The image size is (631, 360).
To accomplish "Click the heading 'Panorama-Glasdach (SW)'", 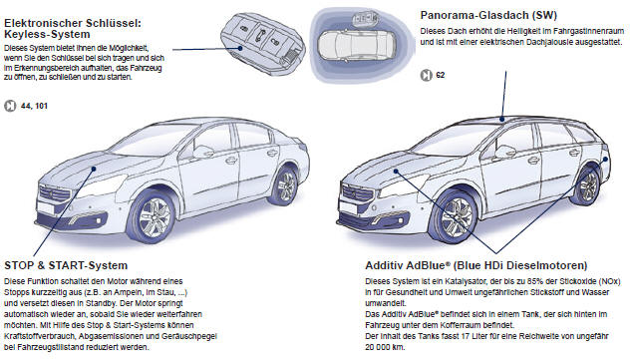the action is [x=488, y=16].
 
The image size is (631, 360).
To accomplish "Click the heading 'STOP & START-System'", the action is [x=66, y=266].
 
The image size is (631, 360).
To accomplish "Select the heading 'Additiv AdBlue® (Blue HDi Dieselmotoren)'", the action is [x=476, y=266].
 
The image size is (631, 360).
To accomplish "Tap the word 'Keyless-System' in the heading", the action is [x=47, y=35].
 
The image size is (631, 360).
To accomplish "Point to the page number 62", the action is [x=441, y=75].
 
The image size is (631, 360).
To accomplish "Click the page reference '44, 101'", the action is [x=34, y=106].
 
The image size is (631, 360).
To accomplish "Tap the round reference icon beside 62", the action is [x=426, y=76].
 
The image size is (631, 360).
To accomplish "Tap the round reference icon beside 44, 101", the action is [x=10, y=107].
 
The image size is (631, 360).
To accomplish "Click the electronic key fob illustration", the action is [x=263, y=44].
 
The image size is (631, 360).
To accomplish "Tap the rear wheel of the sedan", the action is [x=286, y=186].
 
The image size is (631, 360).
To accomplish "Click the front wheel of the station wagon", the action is [x=457, y=218].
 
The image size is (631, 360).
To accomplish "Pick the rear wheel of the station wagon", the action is [x=588, y=186].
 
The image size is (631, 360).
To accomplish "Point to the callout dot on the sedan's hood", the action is [x=94, y=169].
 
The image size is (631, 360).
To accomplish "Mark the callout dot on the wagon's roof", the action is [x=501, y=119].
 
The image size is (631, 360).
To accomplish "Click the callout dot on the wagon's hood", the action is [x=396, y=172].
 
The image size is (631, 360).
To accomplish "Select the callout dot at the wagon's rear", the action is [x=606, y=160].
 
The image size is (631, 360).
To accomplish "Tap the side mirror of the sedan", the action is [x=202, y=152].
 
